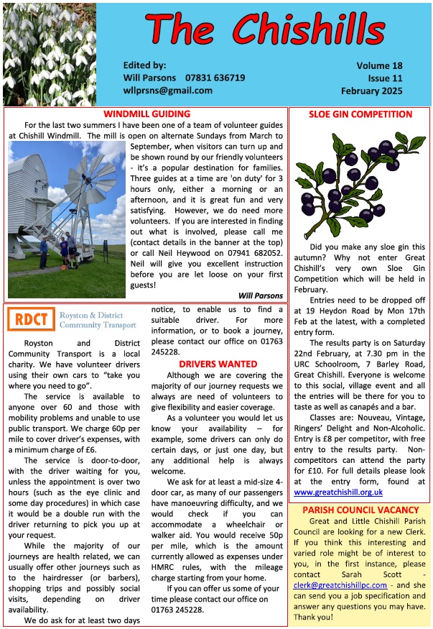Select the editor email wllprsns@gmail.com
click(167, 91)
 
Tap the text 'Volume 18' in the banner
click(379, 65)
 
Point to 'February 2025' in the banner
click(371, 91)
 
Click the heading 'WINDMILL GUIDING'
click(146, 114)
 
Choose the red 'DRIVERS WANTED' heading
click(218, 364)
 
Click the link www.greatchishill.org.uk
click(337, 492)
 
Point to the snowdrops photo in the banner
click(49, 53)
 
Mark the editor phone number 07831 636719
click(215, 78)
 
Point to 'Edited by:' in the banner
click(144, 65)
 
